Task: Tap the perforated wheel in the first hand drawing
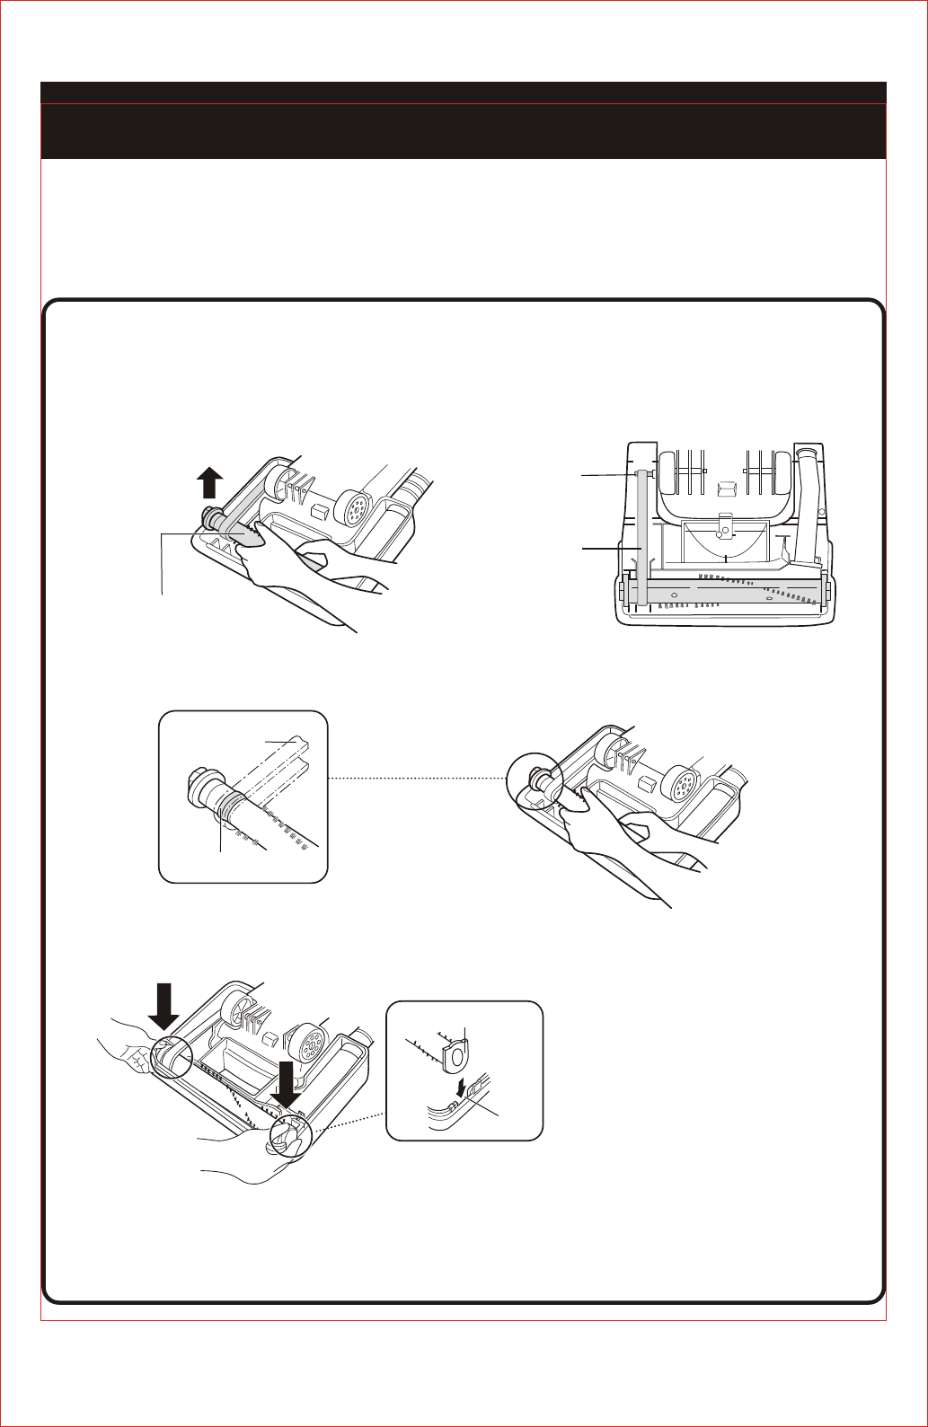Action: click(x=354, y=509)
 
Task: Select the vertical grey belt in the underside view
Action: click(x=641, y=539)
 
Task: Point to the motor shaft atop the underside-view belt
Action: click(x=640, y=473)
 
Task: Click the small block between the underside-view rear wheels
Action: click(x=726, y=488)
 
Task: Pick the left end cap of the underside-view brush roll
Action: click(x=621, y=593)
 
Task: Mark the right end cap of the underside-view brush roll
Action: click(x=826, y=592)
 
